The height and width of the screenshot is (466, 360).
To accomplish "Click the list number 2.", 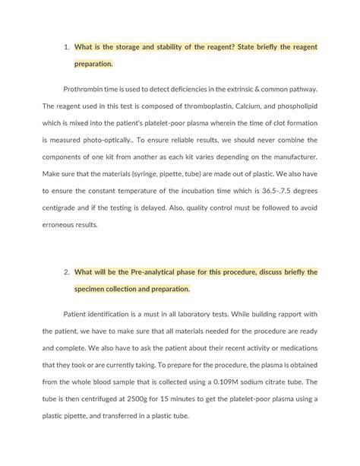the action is [x=66, y=272].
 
